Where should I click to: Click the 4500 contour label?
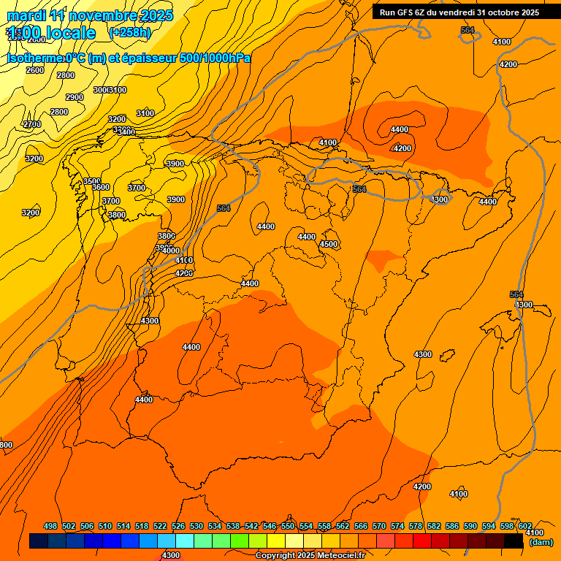pos(329,244)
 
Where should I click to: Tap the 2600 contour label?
pos(35,70)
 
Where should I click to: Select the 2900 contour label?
pos(75,97)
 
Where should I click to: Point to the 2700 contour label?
pos(33,124)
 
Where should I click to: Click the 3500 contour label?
pos(92,181)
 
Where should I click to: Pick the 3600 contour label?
pos(101,188)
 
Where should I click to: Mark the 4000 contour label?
pos(171,251)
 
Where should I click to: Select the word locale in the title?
pos(70,33)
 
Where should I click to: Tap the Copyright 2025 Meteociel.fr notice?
pos(310,555)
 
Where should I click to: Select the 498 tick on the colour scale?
pos(50,527)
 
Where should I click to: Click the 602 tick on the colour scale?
pos(525,527)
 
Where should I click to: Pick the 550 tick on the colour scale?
pos(288,527)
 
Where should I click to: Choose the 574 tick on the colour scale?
pos(397,527)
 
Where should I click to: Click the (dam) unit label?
pos(541,542)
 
